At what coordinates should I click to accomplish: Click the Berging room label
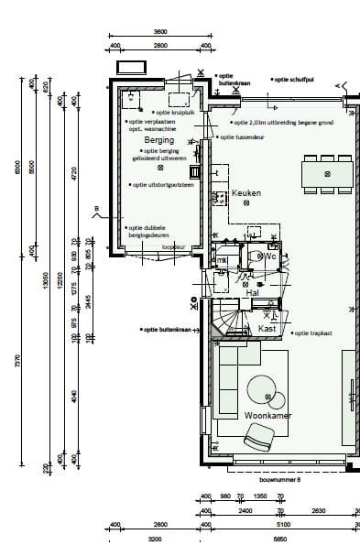[159, 140]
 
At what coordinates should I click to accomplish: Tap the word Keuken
[246, 193]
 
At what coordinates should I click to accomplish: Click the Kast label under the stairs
[267, 328]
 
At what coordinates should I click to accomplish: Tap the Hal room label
[252, 292]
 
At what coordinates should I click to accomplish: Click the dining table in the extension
[326, 172]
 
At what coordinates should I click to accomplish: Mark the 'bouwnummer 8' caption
[280, 478]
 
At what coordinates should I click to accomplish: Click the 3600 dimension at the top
[159, 31]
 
